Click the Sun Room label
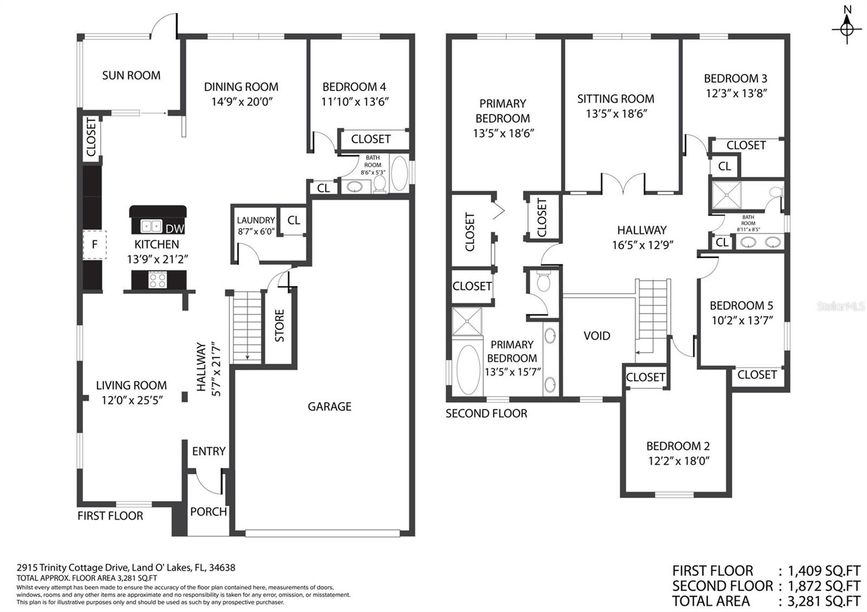131,75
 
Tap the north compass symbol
847,27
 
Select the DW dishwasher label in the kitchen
174,229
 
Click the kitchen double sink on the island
151,226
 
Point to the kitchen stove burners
158,280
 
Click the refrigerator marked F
94,245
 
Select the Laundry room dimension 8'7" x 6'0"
256,231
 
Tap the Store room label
280,325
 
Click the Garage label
329,406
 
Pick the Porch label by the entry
208,511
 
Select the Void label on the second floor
597,336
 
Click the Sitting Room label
616,99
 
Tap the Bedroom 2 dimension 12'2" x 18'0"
678,461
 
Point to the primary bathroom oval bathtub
468,370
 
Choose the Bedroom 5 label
741,305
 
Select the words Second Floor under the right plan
486,414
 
